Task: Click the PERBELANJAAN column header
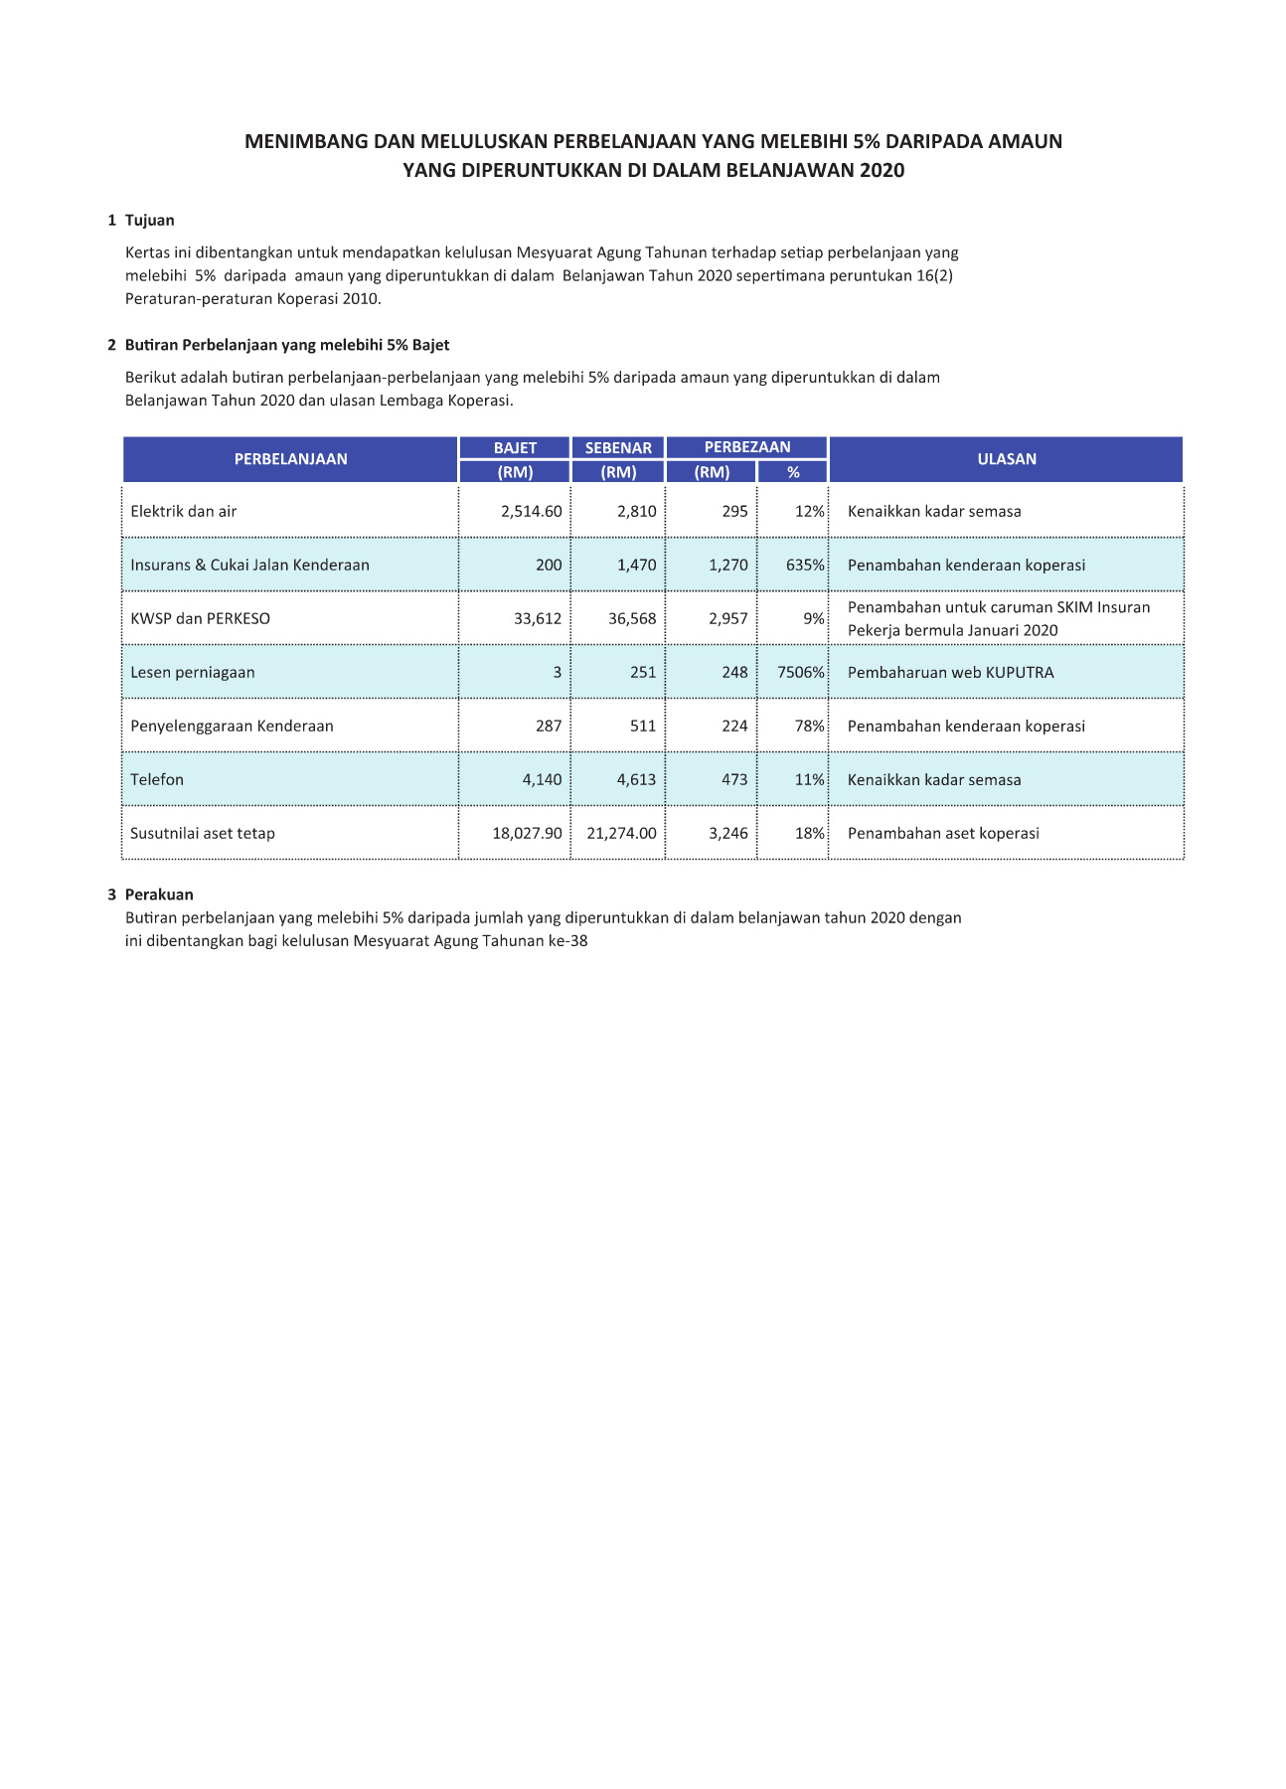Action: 290,459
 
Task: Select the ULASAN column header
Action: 1006,459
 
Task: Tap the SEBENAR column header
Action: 618,448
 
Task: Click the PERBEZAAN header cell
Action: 747,447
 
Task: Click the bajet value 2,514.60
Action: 531,512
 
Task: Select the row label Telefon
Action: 157,780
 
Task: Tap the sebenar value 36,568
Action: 632,619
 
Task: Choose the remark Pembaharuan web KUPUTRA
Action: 950,673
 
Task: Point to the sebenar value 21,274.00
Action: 621,834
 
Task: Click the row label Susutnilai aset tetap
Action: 203,834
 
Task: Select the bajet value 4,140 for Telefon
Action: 542,780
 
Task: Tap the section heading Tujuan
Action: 149,221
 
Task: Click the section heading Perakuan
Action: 159,894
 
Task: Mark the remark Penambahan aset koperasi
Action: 943,834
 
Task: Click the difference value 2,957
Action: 728,619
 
